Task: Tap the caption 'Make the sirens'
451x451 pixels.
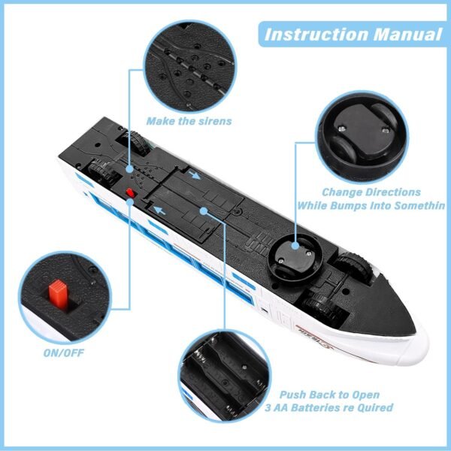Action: coord(189,120)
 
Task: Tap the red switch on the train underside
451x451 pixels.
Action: coord(130,194)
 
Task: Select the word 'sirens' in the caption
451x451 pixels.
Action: coord(213,120)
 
